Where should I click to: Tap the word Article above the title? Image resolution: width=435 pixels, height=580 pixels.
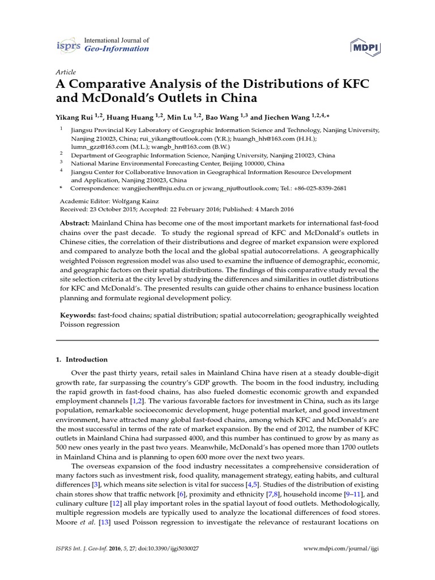[67, 72]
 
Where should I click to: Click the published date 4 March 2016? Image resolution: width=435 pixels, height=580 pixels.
[262, 209]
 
